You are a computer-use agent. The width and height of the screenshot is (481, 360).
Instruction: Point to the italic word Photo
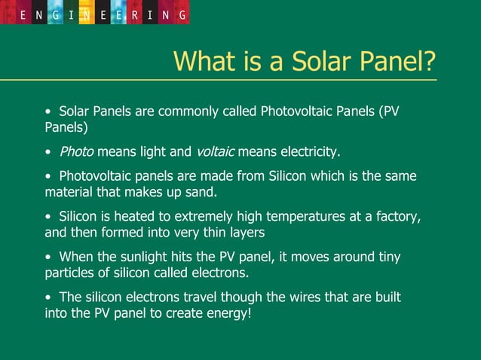click(76, 152)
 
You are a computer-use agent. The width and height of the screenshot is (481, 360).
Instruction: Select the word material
click(69, 192)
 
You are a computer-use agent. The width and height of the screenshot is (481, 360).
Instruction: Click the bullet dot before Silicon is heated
click(48, 218)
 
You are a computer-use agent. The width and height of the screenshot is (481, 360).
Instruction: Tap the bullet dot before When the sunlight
click(48, 258)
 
